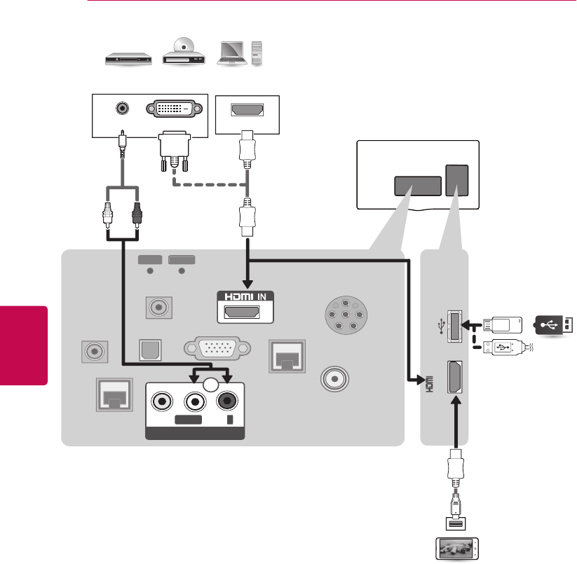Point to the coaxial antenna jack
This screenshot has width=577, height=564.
click(x=334, y=378)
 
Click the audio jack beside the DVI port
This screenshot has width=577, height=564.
click(x=123, y=109)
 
